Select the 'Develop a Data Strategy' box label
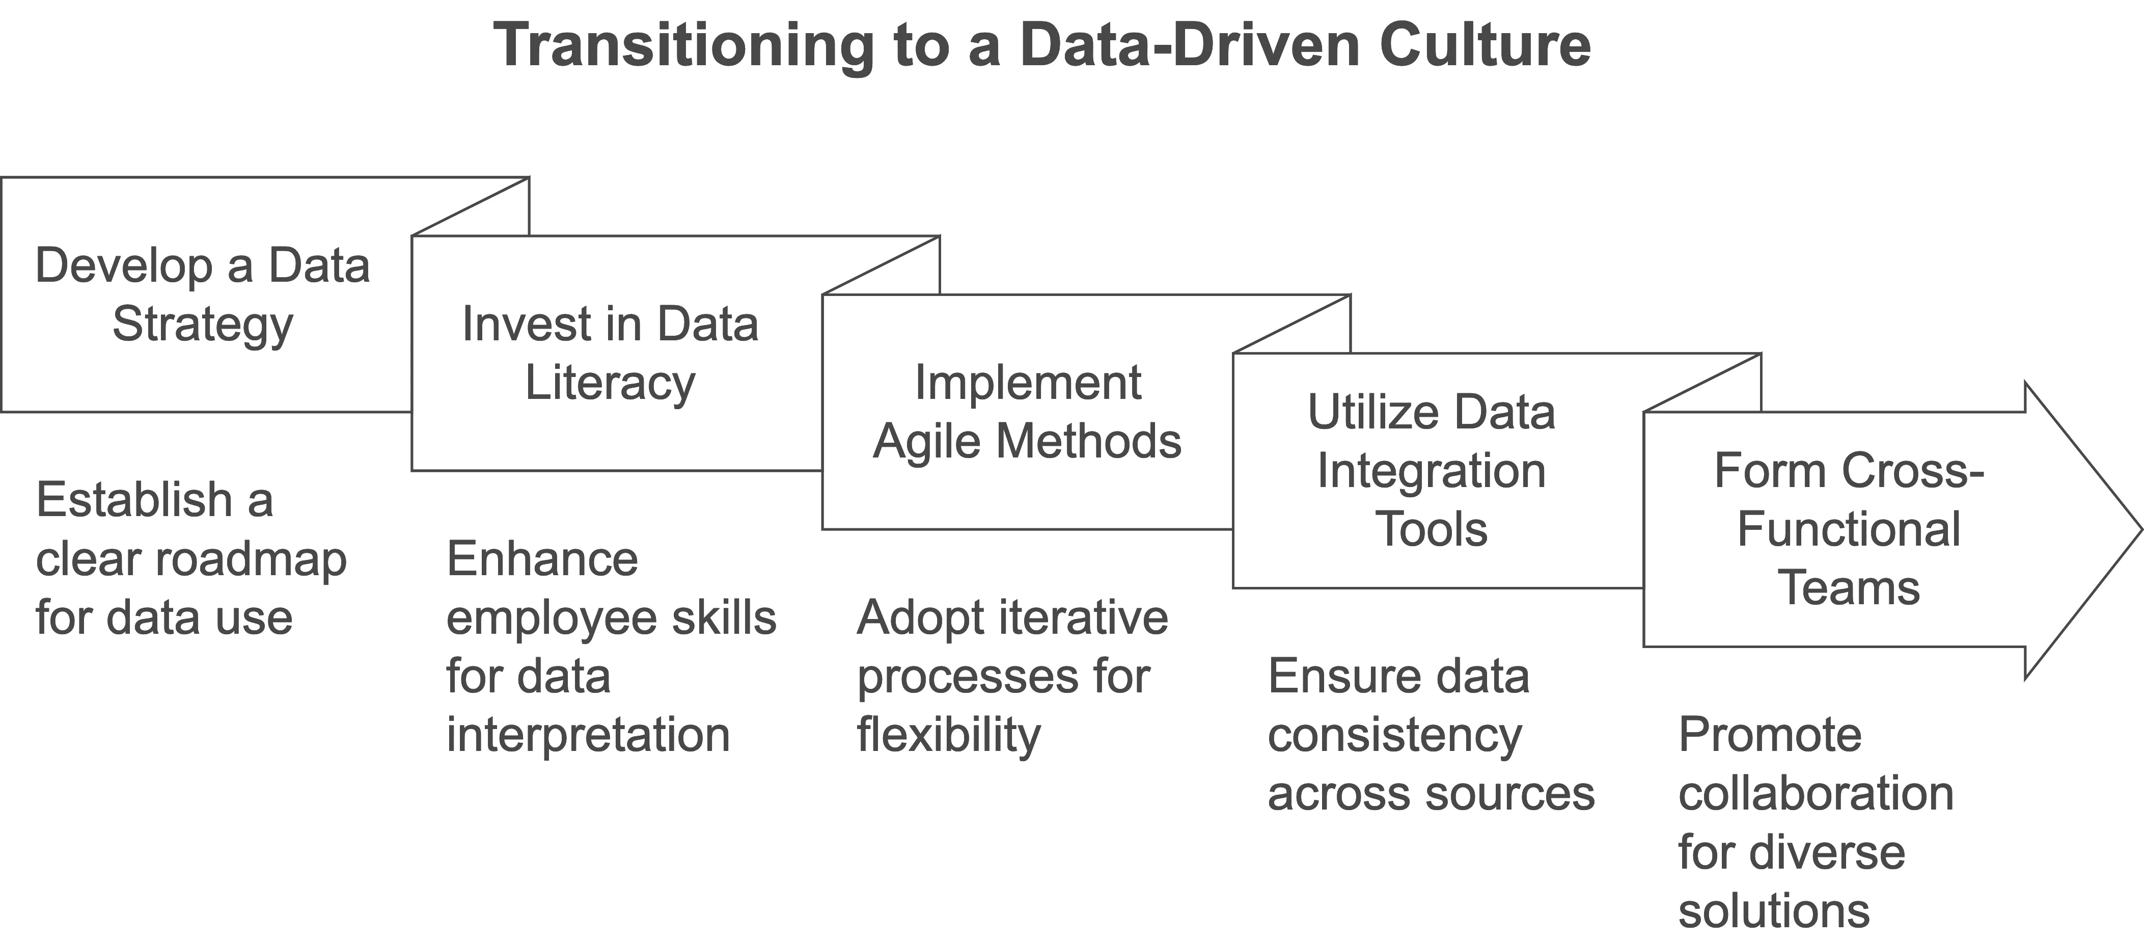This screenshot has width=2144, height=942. pos(202,295)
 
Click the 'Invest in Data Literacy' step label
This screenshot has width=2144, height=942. pos(610,353)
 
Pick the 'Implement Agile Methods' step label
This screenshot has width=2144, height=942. pos(1027,412)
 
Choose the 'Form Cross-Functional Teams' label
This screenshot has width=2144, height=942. pos(1849,529)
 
